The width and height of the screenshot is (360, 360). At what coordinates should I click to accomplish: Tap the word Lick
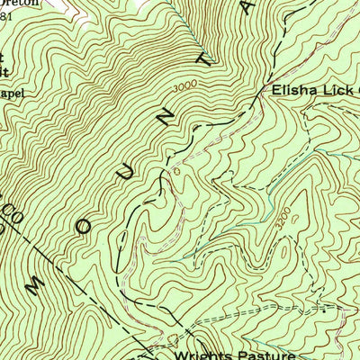(334, 92)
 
